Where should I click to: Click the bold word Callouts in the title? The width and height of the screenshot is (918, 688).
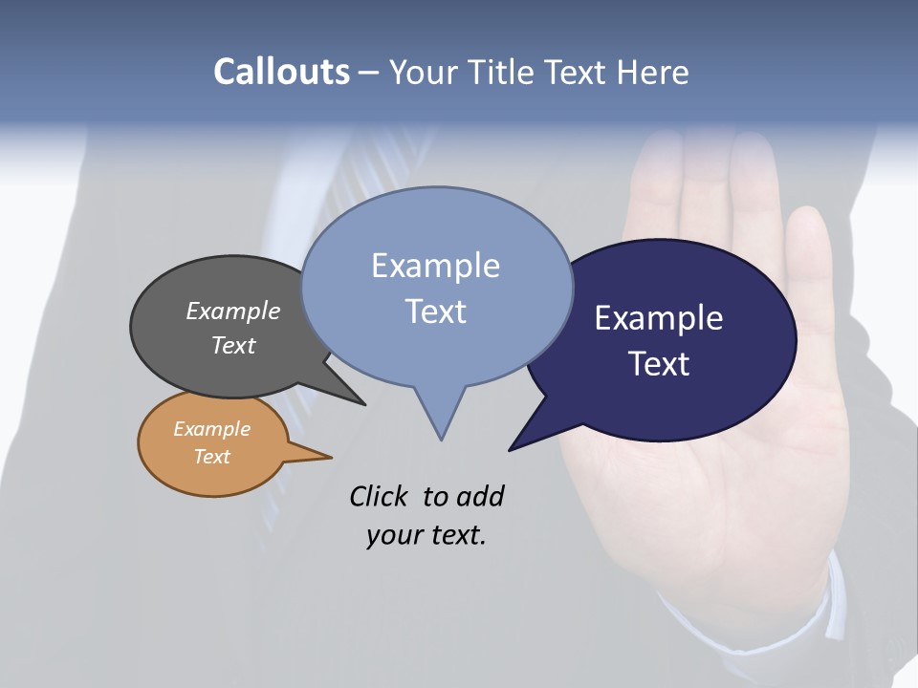pos(281,72)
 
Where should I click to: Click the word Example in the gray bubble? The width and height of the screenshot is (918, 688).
pos(232,312)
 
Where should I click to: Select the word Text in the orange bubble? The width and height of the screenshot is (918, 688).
pos(211,457)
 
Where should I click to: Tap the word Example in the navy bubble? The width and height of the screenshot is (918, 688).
pos(658,318)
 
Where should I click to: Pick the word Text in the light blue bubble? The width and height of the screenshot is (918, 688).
pos(436,312)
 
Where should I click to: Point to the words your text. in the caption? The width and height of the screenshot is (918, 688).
pos(426,535)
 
